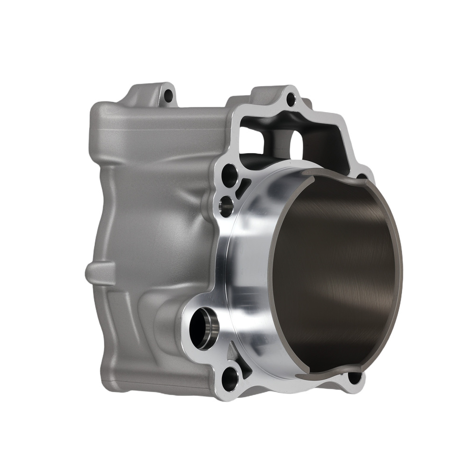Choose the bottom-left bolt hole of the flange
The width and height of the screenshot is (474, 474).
(231, 377)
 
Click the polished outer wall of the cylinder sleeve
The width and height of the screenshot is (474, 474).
(251, 265)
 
